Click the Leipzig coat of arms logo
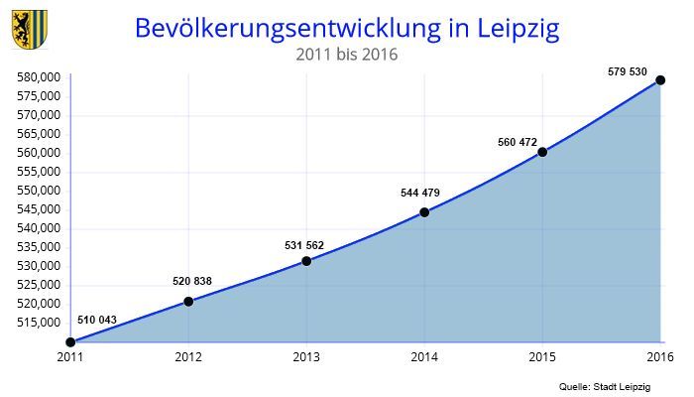pyautogui.click(x=28, y=30)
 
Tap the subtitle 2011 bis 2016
pyautogui.click(x=346, y=56)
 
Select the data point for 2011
pyautogui.click(x=69, y=342)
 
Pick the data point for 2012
pyautogui.click(x=188, y=301)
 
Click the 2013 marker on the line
pyautogui.click(x=306, y=261)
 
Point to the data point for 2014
pyautogui.click(x=424, y=212)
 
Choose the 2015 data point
pyautogui.click(x=542, y=152)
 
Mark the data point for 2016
pyautogui.click(x=660, y=80)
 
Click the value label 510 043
pyautogui.click(x=96, y=320)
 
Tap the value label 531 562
pyautogui.click(x=303, y=245)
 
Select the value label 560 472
pyautogui.click(x=517, y=142)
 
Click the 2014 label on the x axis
pyautogui.click(x=424, y=356)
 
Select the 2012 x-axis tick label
pyautogui.click(x=188, y=356)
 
